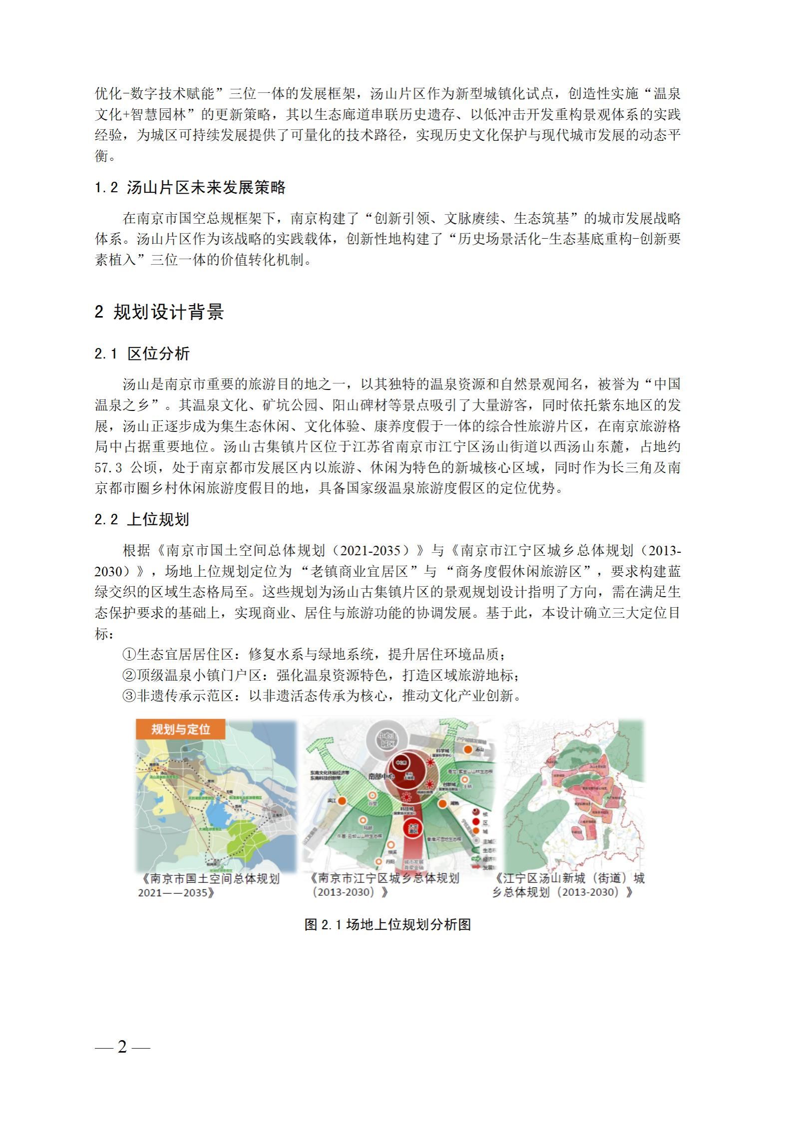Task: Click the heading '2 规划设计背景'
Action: [159, 312]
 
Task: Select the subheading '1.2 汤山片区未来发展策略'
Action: [190, 188]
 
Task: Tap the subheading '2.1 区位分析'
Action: [142, 354]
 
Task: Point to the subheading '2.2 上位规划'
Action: [142, 520]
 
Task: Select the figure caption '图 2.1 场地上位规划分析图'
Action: [388, 925]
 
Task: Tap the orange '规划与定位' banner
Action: [180, 730]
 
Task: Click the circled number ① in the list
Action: [129, 655]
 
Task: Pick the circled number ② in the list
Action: [129, 676]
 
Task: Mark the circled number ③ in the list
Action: [129, 696]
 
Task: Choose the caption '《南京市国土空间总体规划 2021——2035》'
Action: [210, 885]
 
